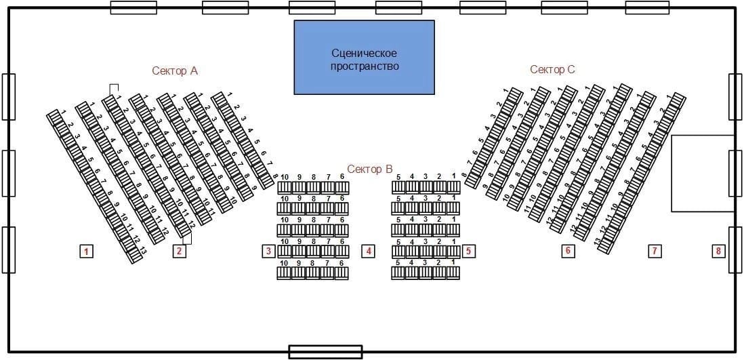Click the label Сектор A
(x=175, y=71)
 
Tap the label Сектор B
(x=370, y=169)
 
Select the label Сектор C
(x=552, y=69)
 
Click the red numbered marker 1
(x=86, y=252)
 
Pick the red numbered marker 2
(x=179, y=252)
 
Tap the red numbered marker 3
(x=268, y=252)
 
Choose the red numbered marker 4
(x=369, y=252)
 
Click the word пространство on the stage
(x=365, y=66)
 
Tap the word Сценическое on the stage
(x=364, y=53)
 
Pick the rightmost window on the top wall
(x=647, y=7)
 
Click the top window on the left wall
(x=8, y=97)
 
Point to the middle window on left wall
(x=8, y=173)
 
